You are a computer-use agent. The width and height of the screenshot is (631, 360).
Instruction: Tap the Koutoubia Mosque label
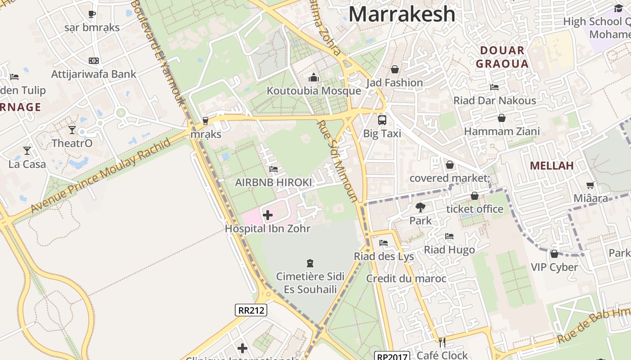(x=314, y=91)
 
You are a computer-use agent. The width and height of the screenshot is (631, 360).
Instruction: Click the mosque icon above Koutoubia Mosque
(x=314, y=78)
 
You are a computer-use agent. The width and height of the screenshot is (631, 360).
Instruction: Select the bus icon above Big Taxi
(x=382, y=120)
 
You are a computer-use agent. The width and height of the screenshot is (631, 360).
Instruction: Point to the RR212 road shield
(x=251, y=310)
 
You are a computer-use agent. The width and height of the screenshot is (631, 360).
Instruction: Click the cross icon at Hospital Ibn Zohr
(x=268, y=215)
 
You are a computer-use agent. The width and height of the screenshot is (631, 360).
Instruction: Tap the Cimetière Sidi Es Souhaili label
(x=310, y=283)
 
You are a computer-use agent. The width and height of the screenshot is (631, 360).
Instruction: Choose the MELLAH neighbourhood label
(x=552, y=166)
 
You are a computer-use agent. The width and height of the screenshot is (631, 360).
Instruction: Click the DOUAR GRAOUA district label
(x=502, y=57)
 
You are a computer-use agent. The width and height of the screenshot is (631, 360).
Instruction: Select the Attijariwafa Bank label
(x=94, y=74)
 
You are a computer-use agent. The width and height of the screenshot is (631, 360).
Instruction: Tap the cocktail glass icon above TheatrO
(x=72, y=130)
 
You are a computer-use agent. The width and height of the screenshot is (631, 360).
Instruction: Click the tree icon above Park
(x=421, y=207)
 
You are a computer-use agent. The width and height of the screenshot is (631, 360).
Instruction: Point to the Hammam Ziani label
(x=502, y=131)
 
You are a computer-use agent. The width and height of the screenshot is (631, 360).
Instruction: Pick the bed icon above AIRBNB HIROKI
(x=273, y=169)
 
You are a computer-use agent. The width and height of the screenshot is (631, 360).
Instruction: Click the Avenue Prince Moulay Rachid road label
(x=101, y=176)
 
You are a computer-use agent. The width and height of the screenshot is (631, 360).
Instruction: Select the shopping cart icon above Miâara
(x=590, y=185)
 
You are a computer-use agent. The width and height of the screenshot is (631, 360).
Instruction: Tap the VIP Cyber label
(x=554, y=267)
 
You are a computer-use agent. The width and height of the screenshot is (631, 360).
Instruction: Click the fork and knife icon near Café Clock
(x=442, y=342)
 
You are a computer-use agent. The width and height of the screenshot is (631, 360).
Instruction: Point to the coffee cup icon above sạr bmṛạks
(x=92, y=14)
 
